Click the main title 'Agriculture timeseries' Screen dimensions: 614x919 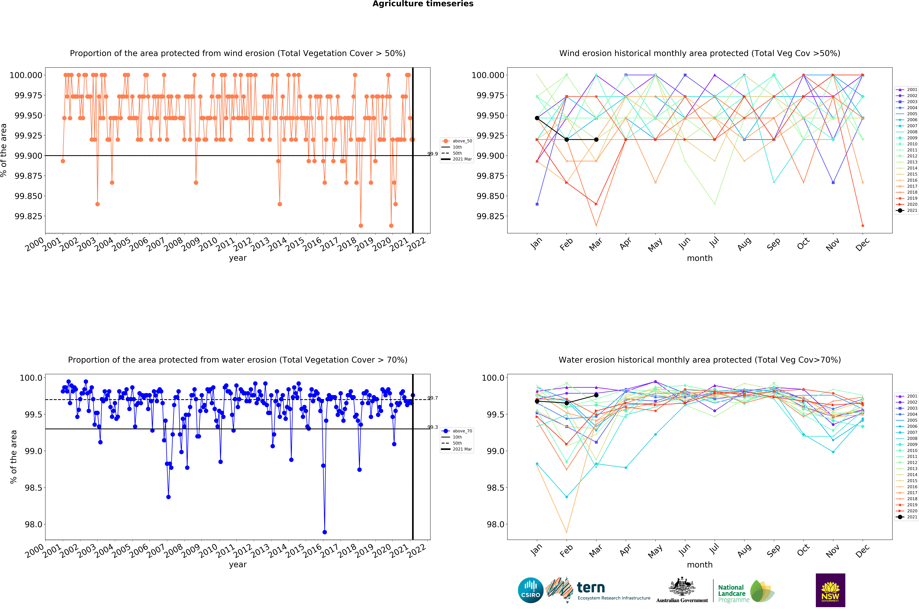423,4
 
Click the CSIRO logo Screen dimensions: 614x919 530,590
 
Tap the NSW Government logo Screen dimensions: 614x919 830,590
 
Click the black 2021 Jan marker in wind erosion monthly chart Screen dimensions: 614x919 537,118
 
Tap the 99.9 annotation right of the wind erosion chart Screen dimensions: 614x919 432,154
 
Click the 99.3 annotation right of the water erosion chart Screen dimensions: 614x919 432,427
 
